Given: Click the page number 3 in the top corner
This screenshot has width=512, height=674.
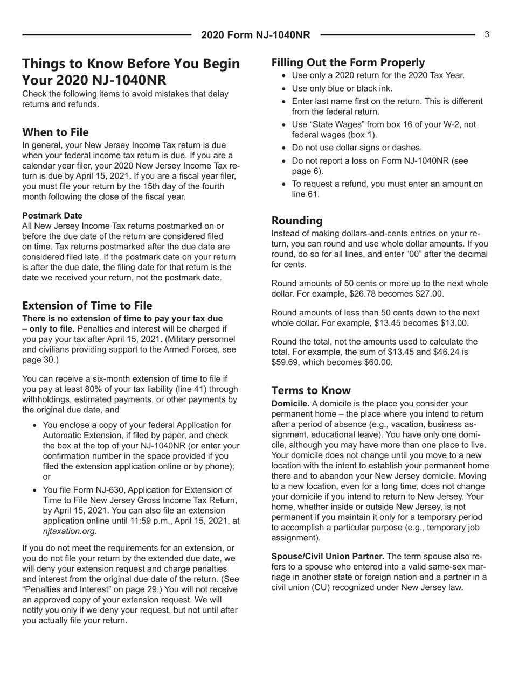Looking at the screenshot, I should [x=487, y=34].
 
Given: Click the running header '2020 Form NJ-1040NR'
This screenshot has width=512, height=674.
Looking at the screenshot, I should [x=256, y=35].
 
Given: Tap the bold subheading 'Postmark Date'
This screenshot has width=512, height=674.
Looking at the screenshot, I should [x=52, y=215].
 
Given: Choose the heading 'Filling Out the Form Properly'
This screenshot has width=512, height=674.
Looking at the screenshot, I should [x=348, y=62].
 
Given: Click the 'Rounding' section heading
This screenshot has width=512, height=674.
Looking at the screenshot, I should [x=297, y=221].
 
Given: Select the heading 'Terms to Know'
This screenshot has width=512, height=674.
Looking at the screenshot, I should [x=311, y=390].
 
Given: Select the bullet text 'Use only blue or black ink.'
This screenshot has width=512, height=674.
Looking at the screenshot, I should [x=342, y=88].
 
